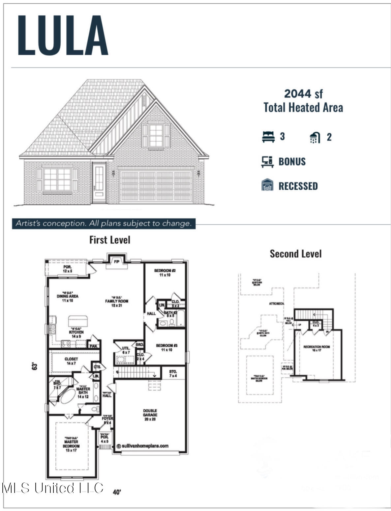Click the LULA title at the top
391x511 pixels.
tap(63, 35)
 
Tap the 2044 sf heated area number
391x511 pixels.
tap(303, 94)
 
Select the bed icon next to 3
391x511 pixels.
tap(268, 137)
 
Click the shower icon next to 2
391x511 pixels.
tap(315, 137)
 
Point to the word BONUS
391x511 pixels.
tap(292, 162)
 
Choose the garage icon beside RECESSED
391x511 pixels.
tap(267, 185)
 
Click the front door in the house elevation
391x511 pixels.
tap(99, 183)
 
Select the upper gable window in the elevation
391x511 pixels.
tap(156, 136)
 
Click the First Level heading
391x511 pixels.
tap(110, 240)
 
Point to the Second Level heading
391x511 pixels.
tap(295, 254)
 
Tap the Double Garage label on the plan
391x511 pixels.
tap(150, 415)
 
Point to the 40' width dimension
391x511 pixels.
tap(117, 492)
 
